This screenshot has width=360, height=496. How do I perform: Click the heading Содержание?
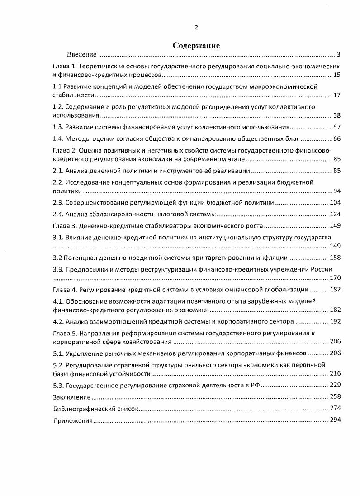196,46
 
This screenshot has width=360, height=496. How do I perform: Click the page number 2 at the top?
196,27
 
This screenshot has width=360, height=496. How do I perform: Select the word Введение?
81,55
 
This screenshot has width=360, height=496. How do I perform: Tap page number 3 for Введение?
338,55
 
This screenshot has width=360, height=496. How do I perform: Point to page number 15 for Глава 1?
336,75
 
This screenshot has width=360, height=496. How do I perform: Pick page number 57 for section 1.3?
336,128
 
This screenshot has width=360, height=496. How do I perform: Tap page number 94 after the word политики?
336,191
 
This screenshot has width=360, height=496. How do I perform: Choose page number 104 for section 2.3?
335,202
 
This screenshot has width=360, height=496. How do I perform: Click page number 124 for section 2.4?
335,214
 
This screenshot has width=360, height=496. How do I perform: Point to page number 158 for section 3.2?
335,258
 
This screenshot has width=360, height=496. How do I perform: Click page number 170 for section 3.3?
335,278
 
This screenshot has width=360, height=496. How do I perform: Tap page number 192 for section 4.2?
335,321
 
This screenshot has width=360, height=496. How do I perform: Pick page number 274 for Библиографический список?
335,408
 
